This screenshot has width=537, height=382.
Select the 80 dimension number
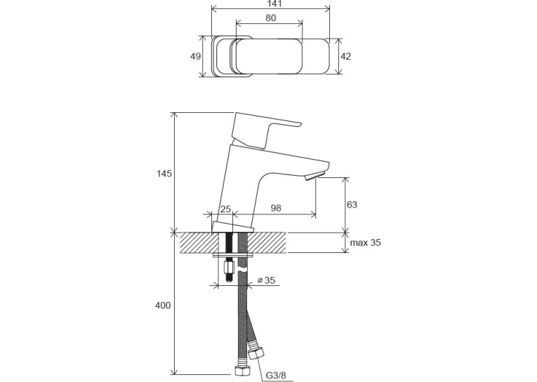click(x=270, y=18)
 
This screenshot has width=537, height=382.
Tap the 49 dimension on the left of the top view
click(x=196, y=56)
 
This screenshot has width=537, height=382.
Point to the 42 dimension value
click(x=346, y=56)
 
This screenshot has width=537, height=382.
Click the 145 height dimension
click(x=164, y=174)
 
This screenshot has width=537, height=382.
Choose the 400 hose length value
click(x=163, y=306)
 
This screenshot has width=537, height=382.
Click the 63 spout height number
click(x=352, y=205)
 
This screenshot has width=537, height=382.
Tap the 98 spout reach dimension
click(x=276, y=208)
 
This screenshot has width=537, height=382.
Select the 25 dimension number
click(x=225, y=209)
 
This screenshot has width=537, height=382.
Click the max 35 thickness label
click(x=366, y=243)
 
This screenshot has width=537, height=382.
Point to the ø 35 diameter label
click(x=266, y=280)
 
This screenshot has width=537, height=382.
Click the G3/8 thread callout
click(x=276, y=375)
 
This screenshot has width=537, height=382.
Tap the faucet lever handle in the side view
click(x=264, y=130)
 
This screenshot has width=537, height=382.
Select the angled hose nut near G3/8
click(x=256, y=353)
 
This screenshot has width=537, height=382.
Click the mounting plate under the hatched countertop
click(x=233, y=254)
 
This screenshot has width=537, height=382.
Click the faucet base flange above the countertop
click(x=233, y=227)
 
